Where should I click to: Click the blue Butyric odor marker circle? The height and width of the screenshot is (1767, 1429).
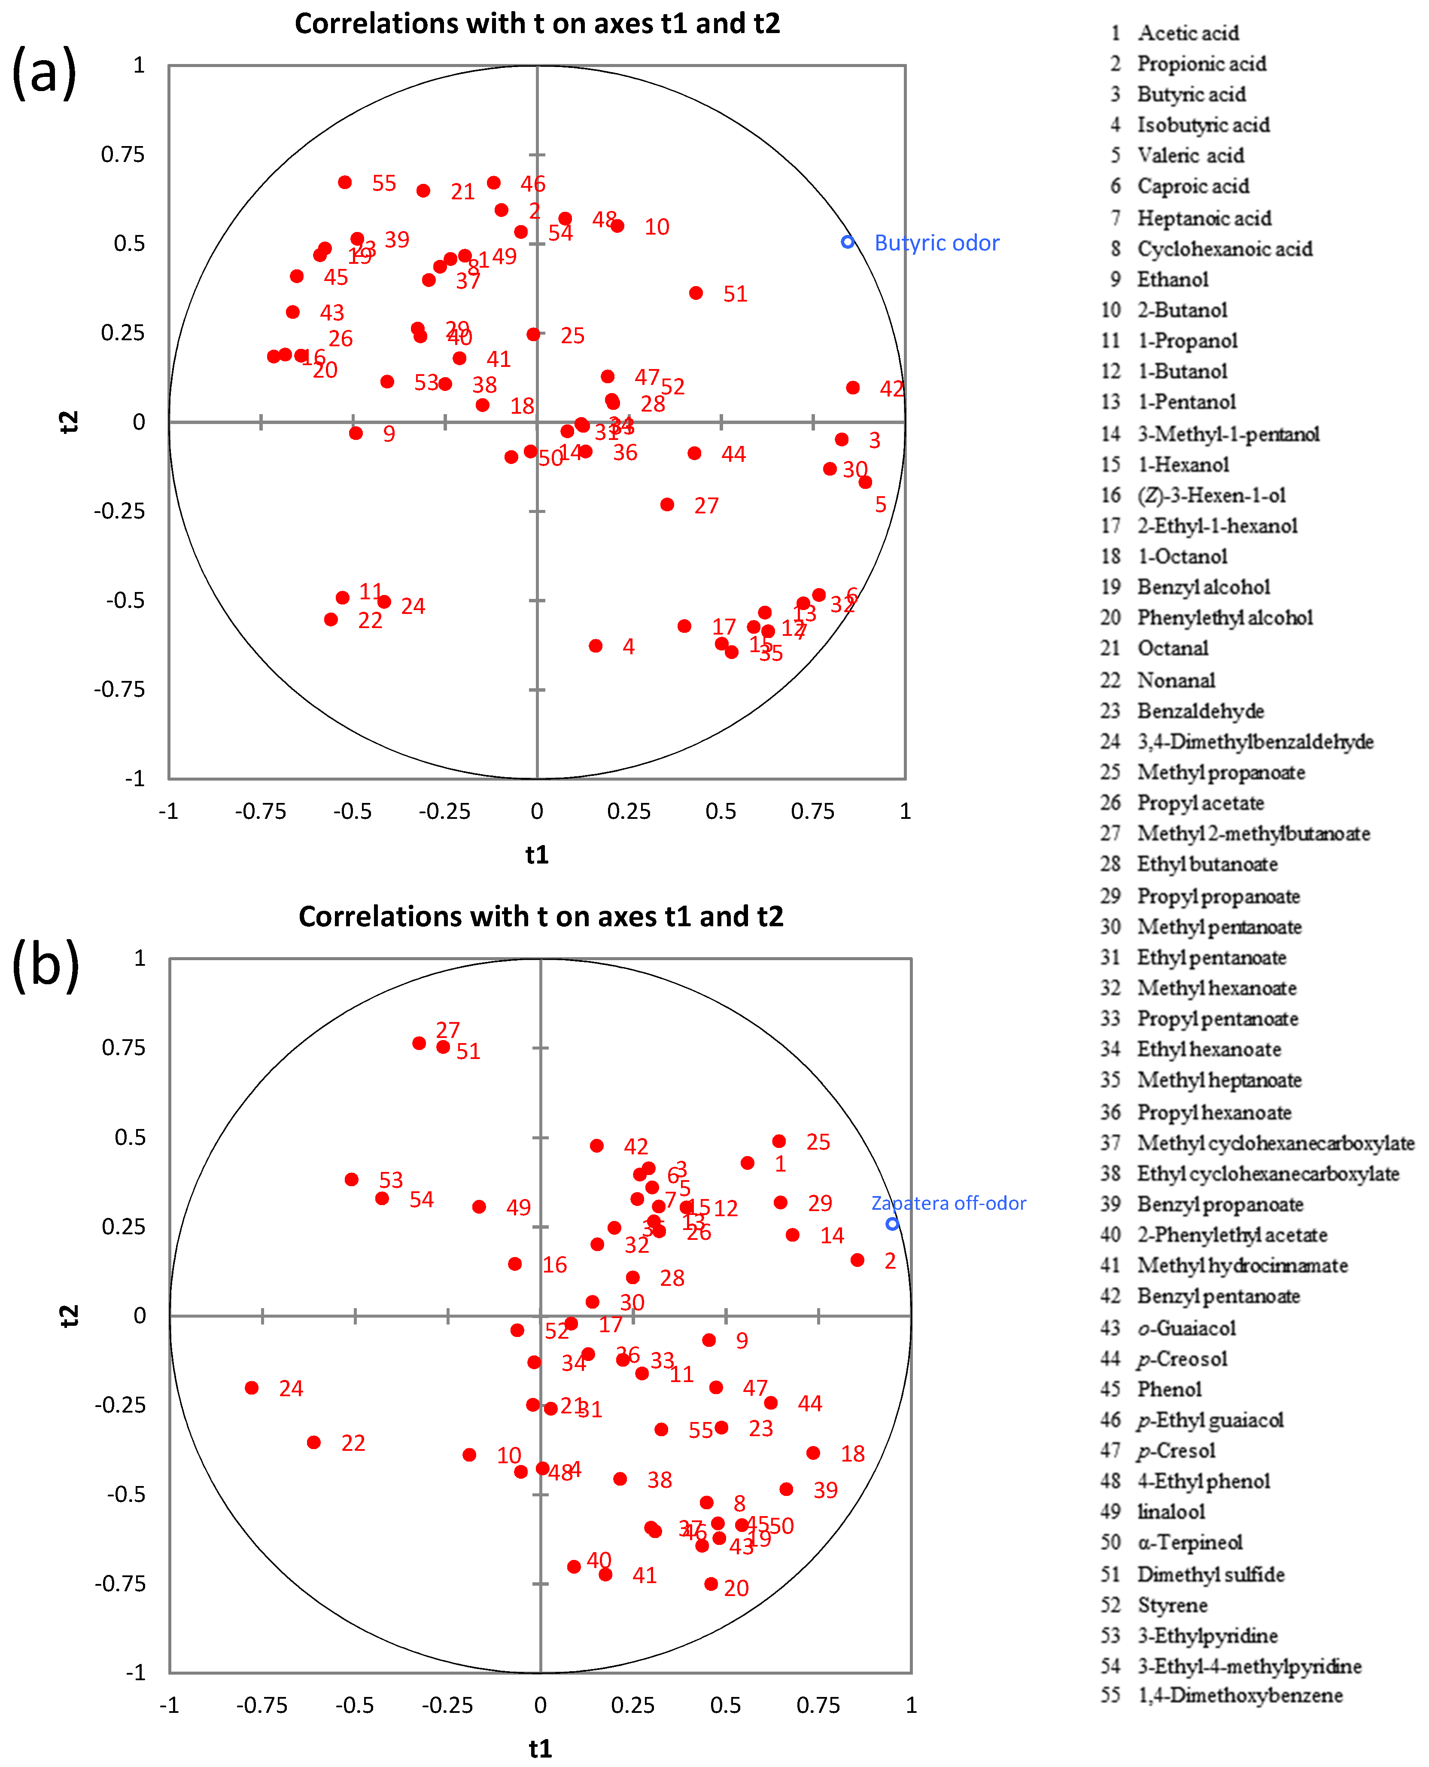click(x=847, y=242)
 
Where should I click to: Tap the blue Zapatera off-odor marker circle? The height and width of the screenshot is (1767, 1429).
click(x=891, y=1224)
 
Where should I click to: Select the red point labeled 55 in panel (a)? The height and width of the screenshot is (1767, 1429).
click(x=345, y=182)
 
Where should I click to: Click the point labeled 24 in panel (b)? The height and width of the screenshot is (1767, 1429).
click(x=252, y=1387)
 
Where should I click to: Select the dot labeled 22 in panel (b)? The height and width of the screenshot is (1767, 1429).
click(x=313, y=1442)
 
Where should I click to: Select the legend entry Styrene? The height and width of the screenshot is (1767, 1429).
click(x=1172, y=1605)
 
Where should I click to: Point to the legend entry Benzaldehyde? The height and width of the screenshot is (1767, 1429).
click(x=1200, y=711)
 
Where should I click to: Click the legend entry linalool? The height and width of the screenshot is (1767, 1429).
click(x=1171, y=1512)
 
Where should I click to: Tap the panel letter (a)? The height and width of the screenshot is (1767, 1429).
click(x=45, y=73)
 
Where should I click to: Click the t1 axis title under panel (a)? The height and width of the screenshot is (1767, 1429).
click(x=537, y=855)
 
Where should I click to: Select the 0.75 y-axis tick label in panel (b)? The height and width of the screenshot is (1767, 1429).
click(x=124, y=1047)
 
